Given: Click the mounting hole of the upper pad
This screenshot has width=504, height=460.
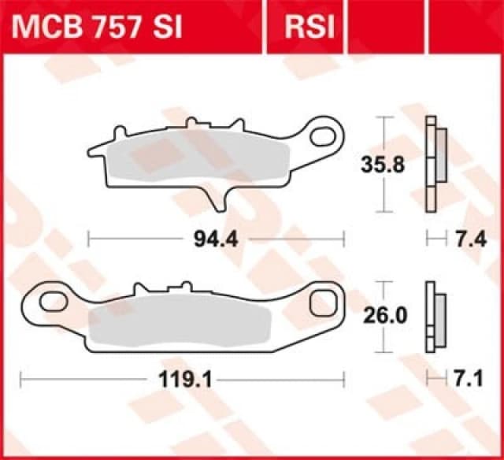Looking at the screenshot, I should click(x=323, y=136).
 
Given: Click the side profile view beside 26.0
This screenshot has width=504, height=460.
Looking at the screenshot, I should click(x=433, y=316).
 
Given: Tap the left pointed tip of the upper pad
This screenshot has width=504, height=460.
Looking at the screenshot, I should click(x=89, y=149).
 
